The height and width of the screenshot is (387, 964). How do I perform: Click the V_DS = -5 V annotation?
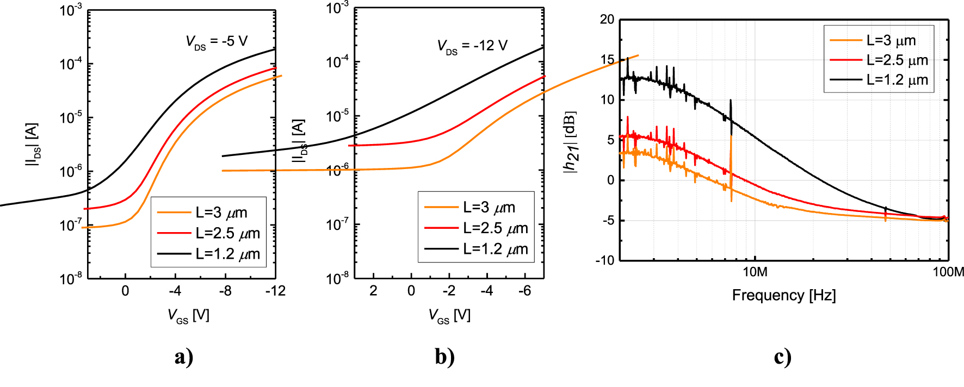coord(217,42)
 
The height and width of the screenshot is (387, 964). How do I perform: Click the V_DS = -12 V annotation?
coord(472,46)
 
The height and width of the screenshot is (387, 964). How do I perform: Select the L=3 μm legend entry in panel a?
coord(221,213)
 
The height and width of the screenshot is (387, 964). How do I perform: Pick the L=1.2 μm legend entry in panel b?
coord(495,249)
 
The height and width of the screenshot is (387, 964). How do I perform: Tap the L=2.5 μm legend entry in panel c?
coord(897,60)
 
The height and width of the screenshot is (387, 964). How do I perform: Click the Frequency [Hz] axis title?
coord(783,295)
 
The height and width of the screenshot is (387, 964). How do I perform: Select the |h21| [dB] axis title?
coord(570,142)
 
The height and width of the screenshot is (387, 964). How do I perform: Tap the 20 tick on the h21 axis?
coord(607,20)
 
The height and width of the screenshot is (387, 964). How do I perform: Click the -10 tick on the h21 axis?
coord(604,260)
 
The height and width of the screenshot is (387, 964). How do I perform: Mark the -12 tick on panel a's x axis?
coord(275,291)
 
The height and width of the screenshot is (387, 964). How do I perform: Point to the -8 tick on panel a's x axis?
coord(225,291)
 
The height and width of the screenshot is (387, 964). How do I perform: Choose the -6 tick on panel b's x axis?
coord(524,291)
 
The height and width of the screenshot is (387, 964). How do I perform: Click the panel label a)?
coord(184,357)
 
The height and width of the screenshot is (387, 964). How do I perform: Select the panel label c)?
coord(782,357)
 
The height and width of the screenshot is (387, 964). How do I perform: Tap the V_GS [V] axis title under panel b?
coord(449,315)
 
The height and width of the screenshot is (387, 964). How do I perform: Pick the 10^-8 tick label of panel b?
coord(337,278)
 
